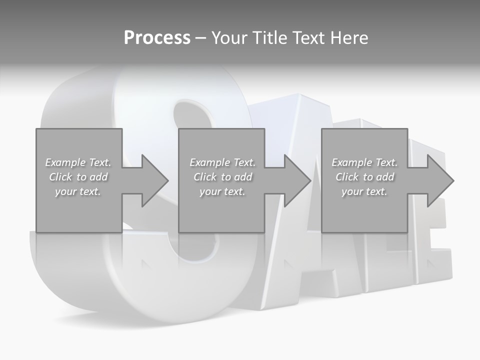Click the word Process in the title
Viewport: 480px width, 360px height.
(x=157, y=38)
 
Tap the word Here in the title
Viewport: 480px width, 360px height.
(x=349, y=38)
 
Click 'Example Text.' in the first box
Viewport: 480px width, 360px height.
(x=78, y=162)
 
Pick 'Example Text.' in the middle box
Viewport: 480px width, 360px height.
(x=222, y=162)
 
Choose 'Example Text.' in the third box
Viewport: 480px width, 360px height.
(x=364, y=162)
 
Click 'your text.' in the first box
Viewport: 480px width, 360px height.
(x=78, y=191)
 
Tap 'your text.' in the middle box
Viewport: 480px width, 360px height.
(x=222, y=191)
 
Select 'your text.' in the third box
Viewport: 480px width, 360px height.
(x=364, y=191)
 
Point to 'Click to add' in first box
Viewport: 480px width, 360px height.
(x=78, y=177)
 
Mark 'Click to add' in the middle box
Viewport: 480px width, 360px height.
(x=222, y=177)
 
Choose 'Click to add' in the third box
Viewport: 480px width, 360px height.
(x=364, y=177)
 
